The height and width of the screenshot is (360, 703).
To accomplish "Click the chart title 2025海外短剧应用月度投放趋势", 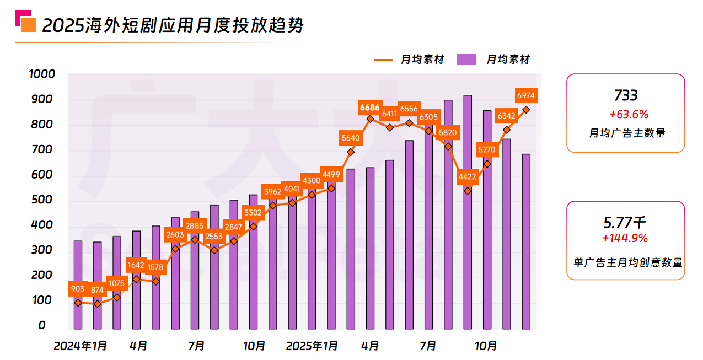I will tap(173, 25).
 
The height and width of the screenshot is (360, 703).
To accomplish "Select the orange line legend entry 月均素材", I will tap(409, 60).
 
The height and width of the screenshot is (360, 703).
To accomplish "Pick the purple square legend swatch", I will tap(466, 60).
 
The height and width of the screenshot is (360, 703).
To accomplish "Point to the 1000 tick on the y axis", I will tap(42, 74).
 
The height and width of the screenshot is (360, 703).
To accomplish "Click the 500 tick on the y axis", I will tap(42, 200).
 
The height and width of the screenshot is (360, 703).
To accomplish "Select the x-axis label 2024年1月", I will tap(81, 346).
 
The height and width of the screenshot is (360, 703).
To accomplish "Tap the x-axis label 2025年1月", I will tap(312, 346).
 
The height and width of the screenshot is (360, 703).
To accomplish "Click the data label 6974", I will tap(525, 95).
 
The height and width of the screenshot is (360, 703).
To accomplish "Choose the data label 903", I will tap(78, 289).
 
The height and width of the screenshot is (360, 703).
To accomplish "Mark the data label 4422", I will tap(468, 177).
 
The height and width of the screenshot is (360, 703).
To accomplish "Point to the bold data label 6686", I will tap(369, 108).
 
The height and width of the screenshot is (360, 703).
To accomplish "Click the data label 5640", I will tap(351, 138).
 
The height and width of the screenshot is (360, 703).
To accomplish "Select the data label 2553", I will tap(214, 237).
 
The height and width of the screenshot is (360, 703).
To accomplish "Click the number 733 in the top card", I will tap(626, 96).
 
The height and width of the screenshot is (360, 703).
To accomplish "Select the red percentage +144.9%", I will tap(625, 239).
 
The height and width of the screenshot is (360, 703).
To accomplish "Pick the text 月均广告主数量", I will tap(626, 133).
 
